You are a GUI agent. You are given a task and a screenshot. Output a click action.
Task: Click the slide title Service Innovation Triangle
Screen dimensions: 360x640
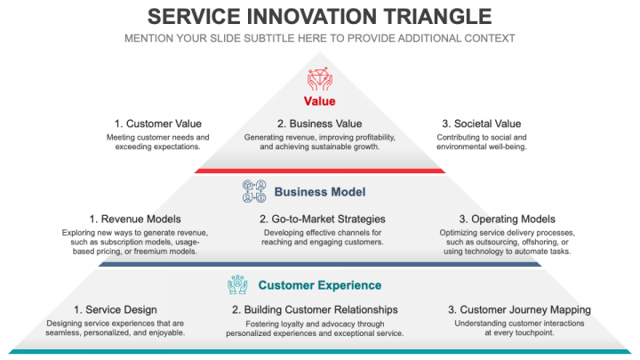pos(319,16)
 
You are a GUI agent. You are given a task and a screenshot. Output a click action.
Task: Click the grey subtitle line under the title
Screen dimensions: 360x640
pos(319,38)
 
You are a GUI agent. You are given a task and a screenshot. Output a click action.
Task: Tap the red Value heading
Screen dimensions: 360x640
pos(319,101)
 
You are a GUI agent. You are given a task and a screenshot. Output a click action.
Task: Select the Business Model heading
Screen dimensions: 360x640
pos(319,192)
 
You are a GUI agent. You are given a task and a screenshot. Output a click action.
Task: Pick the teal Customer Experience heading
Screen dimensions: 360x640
pos(319,285)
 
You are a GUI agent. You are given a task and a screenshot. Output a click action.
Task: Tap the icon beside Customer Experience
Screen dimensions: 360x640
pos(238,285)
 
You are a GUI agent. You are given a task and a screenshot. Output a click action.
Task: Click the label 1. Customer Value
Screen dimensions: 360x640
pos(157,124)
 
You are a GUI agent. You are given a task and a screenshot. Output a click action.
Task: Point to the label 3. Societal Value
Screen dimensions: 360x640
pos(482,124)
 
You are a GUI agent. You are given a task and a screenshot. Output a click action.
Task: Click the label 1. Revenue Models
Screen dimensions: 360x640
pos(135,219)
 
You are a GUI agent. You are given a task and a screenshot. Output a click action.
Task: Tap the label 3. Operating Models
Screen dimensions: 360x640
pos(508,219)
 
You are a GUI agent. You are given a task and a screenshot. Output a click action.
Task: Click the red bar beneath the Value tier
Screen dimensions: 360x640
pos(319,170)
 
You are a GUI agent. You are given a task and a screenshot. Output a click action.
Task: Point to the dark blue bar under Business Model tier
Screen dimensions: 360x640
pos(319,263)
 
